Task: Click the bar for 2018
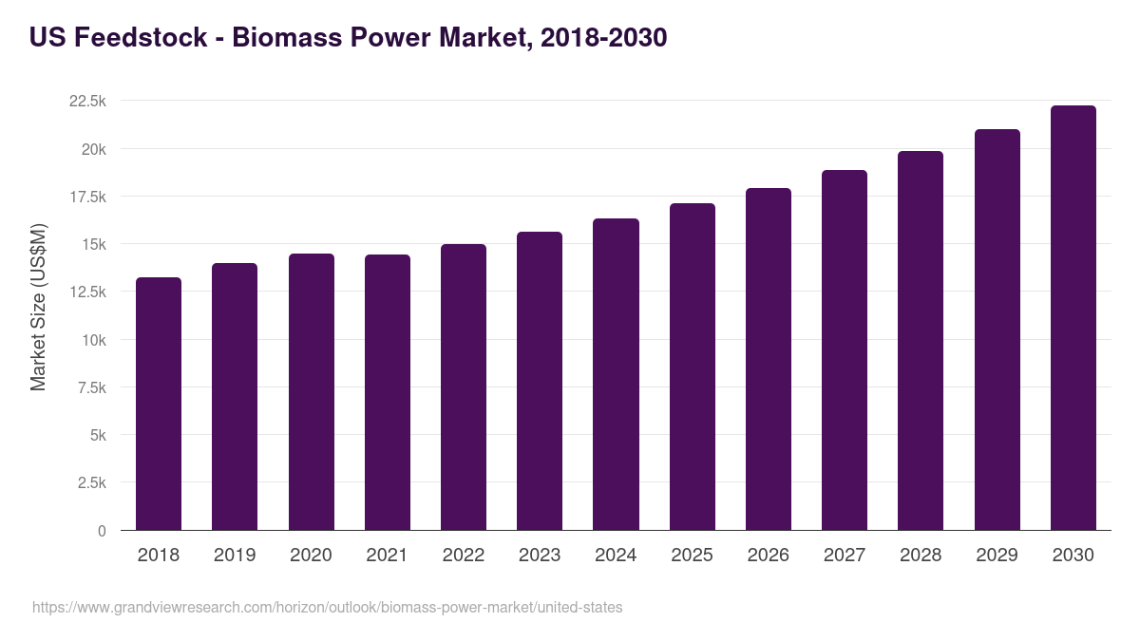pyautogui.click(x=159, y=404)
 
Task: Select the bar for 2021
pyautogui.click(x=388, y=392)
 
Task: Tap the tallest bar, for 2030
pyautogui.click(x=1073, y=318)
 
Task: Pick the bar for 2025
pyautogui.click(x=692, y=367)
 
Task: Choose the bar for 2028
pyautogui.click(x=921, y=341)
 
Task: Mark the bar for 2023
pyautogui.click(x=540, y=381)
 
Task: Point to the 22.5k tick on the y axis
pyautogui.click(x=86, y=102)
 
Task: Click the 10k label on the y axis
pyautogui.click(x=93, y=340)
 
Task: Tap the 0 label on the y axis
pyautogui.click(x=102, y=531)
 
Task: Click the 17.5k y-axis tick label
pyautogui.click(x=86, y=197)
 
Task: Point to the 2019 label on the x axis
pyautogui.click(x=235, y=556)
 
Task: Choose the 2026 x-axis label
pyautogui.click(x=768, y=556)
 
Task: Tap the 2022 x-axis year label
pyautogui.click(x=464, y=556)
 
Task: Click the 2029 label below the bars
pyautogui.click(x=997, y=556)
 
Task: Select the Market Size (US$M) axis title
pyautogui.click(x=38, y=306)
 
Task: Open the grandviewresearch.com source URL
pyautogui.click(x=328, y=607)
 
